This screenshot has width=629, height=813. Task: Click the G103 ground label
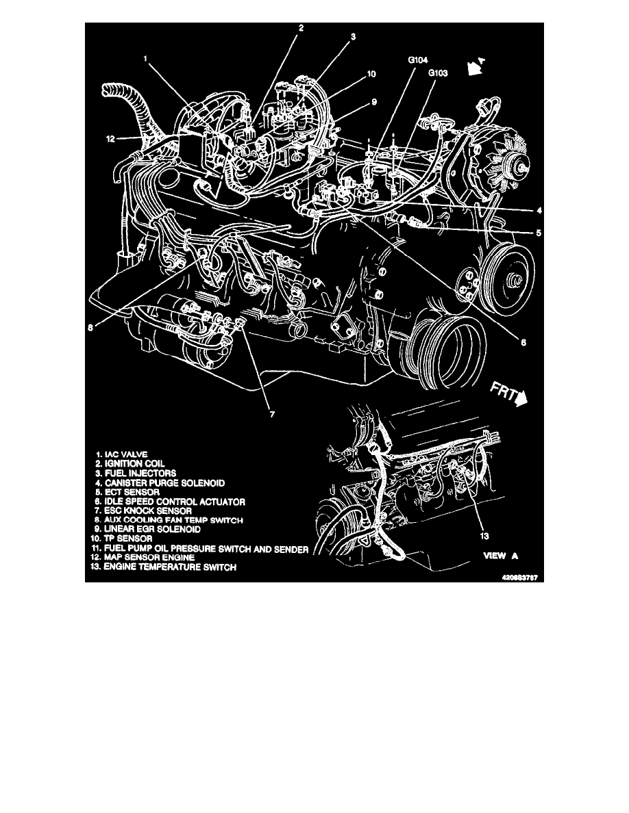pyautogui.click(x=439, y=71)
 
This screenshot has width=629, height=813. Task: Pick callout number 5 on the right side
pyautogui.click(x=539, y=232)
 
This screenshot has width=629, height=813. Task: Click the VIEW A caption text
pyautogui.click(x=504, y=556)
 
